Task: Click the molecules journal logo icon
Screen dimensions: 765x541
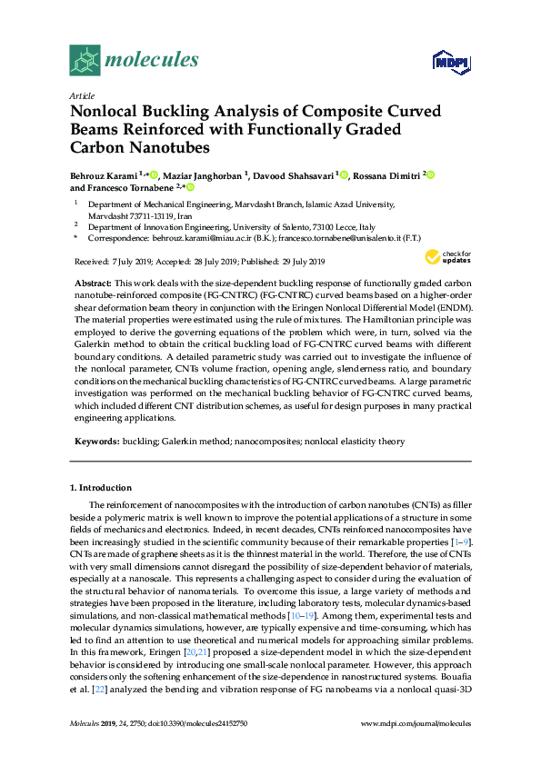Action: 85,61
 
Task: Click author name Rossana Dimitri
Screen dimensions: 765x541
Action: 386,174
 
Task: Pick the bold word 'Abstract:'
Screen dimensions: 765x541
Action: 92,284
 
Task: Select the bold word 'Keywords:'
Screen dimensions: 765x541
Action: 95,441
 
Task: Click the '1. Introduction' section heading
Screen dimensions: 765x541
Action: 101,488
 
